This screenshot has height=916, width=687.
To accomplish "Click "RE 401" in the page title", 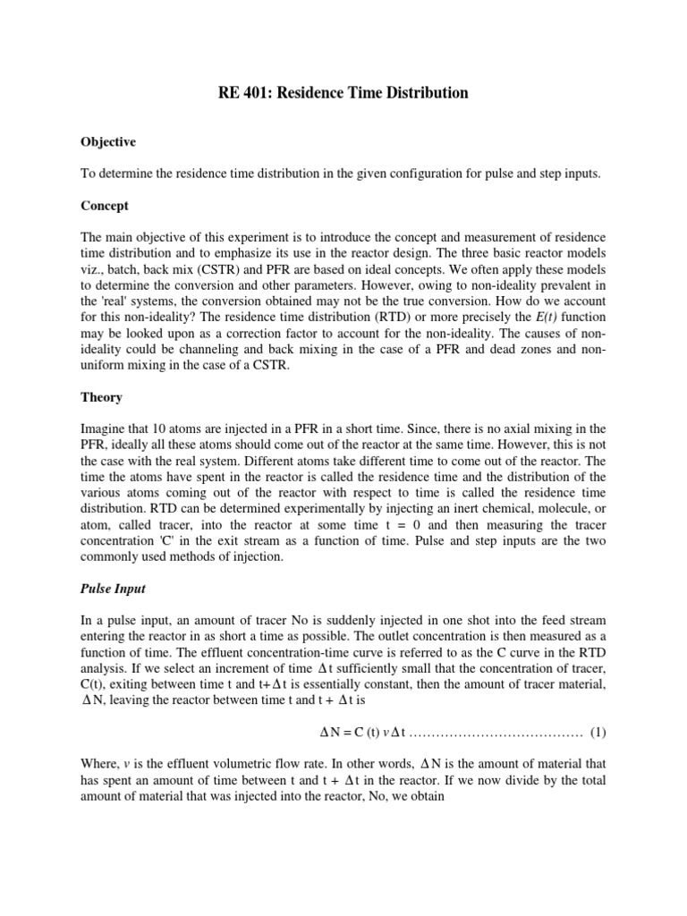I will coord(243,93).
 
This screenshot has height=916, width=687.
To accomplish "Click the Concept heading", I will coord(105,206).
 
